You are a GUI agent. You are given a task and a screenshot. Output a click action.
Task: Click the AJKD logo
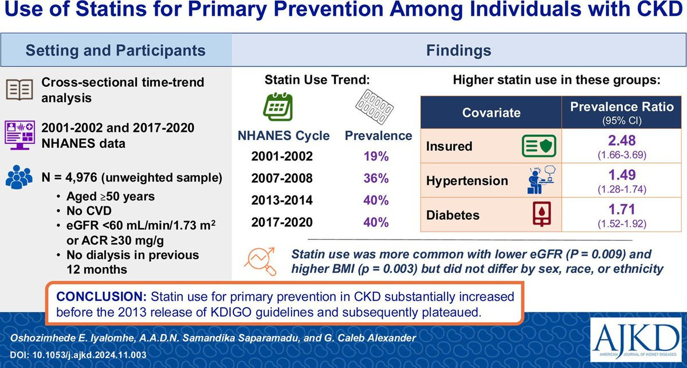[635, 340]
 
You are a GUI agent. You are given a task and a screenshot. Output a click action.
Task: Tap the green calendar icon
[278, 107]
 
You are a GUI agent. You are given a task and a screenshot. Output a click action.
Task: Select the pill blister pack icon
[374, 107]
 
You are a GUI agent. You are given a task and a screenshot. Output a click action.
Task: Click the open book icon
[19, 89]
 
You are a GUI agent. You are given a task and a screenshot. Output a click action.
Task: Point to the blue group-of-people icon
[19, 177]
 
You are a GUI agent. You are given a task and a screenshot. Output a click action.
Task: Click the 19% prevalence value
[376, 157]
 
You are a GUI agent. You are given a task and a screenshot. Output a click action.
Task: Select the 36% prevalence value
[376, 179]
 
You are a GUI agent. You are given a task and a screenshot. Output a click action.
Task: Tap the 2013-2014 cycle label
[282, 200]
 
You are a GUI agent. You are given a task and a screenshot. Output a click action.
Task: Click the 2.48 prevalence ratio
[621, 140]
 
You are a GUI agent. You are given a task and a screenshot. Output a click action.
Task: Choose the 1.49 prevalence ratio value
[621, 174]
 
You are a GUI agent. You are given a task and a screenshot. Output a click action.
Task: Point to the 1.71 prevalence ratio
[621, 209]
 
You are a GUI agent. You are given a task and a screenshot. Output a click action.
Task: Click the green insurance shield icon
[539, 146]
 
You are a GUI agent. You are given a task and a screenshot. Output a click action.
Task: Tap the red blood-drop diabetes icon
[541, 214]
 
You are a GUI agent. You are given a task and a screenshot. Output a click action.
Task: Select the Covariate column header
[491, 112]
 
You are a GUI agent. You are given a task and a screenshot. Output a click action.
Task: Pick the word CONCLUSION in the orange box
[101, 296]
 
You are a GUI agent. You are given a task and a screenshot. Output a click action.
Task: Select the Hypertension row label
[467, 181]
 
